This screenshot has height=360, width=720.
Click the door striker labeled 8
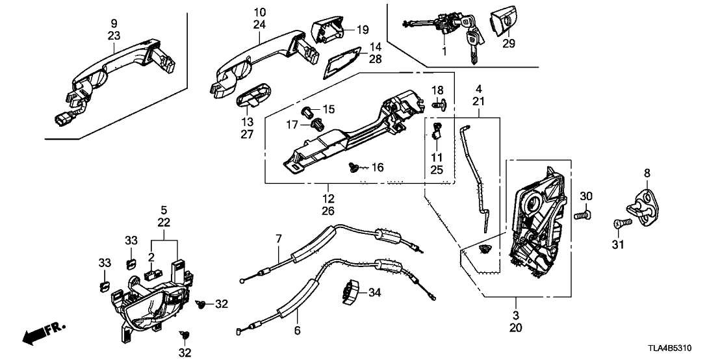point(643,207)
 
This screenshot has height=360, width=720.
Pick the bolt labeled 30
point(583,212)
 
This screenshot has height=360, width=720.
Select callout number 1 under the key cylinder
point(444,50)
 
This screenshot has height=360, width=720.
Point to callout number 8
point(647,173)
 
